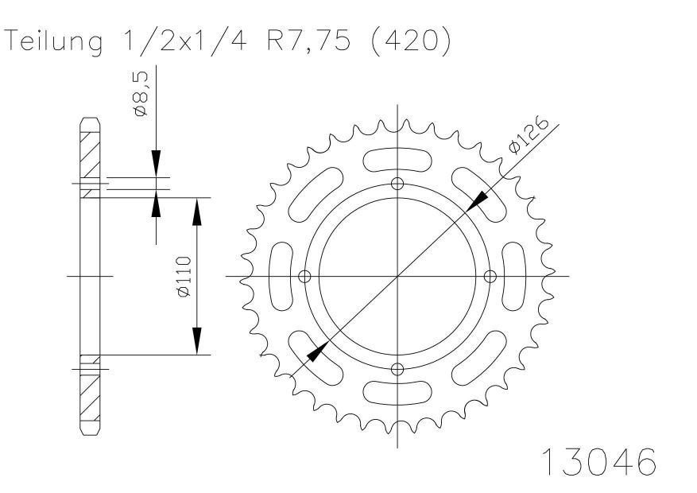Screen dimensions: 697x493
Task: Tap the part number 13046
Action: pos(598,461)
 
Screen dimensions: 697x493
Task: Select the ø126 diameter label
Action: pos(529,135)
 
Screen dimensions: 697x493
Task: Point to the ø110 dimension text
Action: pos(184,276)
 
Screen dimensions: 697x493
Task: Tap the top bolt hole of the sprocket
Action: pos(397,184)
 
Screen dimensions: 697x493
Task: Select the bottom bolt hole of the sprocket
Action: pos(397,369)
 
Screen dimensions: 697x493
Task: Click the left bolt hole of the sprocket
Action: pos(304,277)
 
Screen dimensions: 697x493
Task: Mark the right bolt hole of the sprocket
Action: pos(490,277)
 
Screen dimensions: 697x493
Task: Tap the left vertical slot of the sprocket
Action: pos(281,277)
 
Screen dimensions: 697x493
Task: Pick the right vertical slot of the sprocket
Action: pos(514,277)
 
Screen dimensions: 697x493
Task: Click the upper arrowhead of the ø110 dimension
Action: pos(197,212)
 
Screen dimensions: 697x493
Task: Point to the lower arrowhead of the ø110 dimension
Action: pos(197,340)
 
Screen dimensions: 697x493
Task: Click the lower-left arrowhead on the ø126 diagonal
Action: pos(318,351)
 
